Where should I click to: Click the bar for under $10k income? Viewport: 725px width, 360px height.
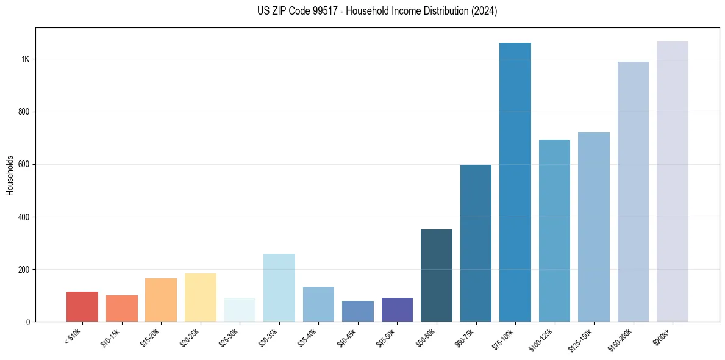tap(82, 307)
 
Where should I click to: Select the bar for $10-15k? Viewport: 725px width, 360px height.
tap(121, 309)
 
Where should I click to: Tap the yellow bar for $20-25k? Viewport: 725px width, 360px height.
tap(200, 298)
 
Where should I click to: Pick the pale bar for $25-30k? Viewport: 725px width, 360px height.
tap(240, 310)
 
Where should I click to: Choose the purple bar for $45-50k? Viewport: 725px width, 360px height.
tap(397, 310)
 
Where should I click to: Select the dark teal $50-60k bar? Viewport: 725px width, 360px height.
tap(437, 268)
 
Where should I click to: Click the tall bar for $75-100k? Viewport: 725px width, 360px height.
tap(515, 182)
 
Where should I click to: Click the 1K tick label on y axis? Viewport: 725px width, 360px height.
tap(26, 59)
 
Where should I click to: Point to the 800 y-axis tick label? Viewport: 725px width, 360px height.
tap(24, 112)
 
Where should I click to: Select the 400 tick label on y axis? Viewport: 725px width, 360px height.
tap(24, 217)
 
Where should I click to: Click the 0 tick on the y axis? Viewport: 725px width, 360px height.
tap(28, 322)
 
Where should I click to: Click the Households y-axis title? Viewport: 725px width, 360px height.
tap(10, 175)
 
